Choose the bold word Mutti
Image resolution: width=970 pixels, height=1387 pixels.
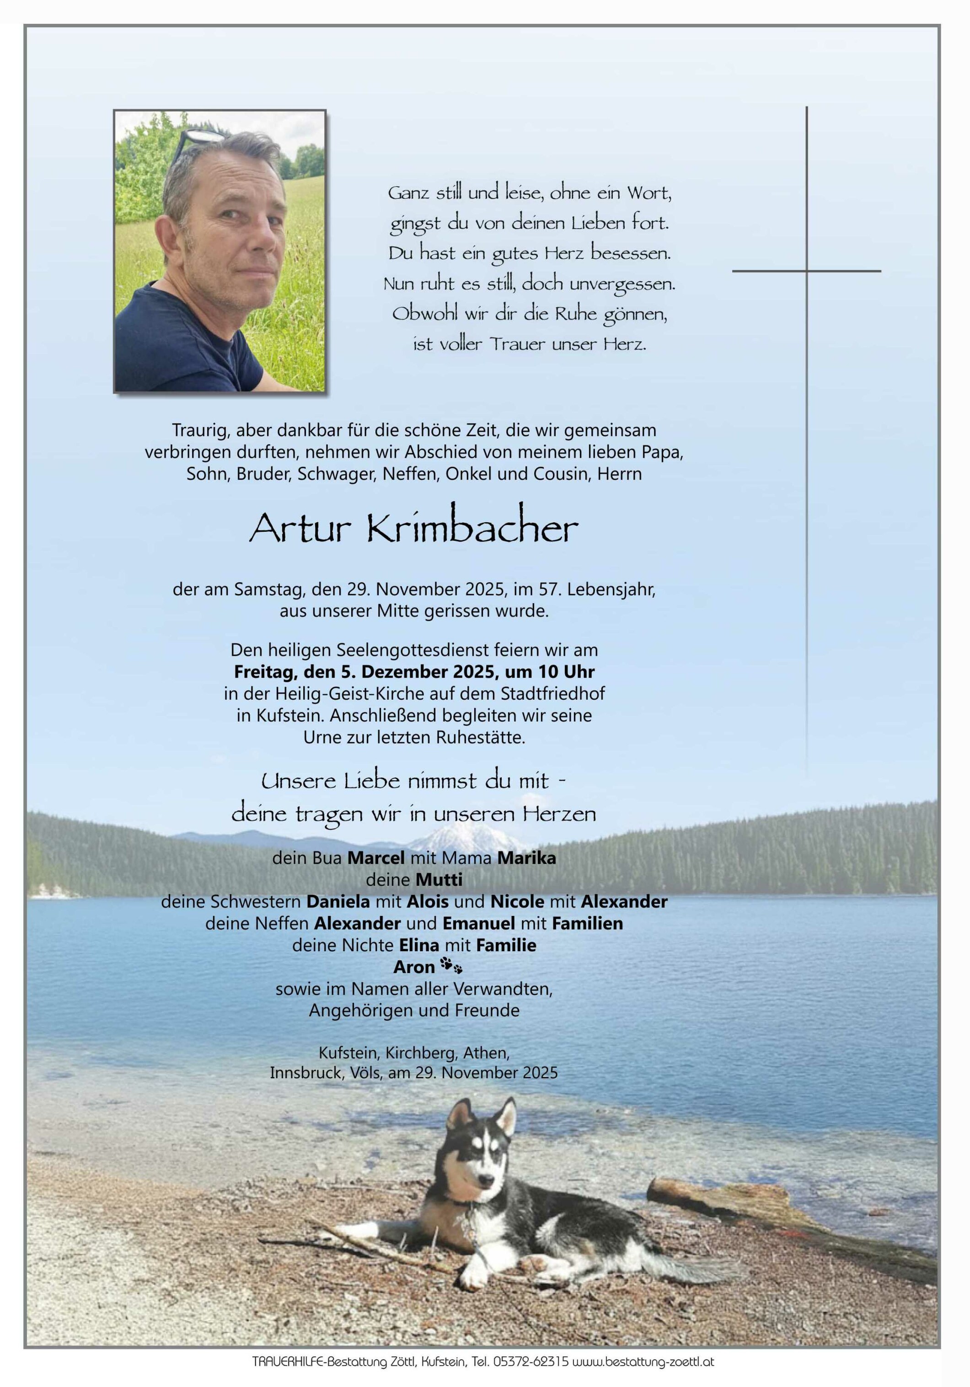pyautogui.click(x=439, y=879)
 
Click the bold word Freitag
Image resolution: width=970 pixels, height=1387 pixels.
pyautogui.click(x=264, y=672)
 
